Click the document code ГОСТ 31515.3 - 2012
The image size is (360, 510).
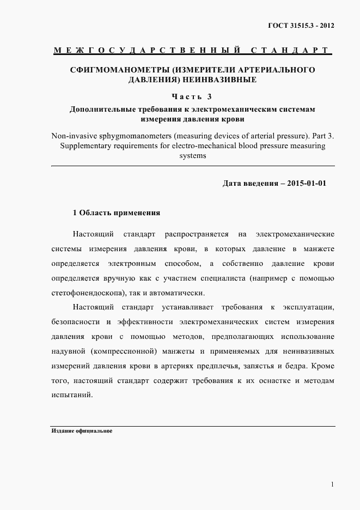pyautogui.click(x=301, y=26)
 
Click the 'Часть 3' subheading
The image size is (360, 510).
pyautogui.click(x=191, y=97)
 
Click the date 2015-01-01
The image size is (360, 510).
pyautogui.click(x=306, y=183)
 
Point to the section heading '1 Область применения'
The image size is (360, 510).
pyautogui.click(x=117, y=212)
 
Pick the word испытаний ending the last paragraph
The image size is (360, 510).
pyautogui.click(x=71, y=395)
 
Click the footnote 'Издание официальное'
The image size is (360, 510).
pyautogui.click(x=82, y=430)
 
